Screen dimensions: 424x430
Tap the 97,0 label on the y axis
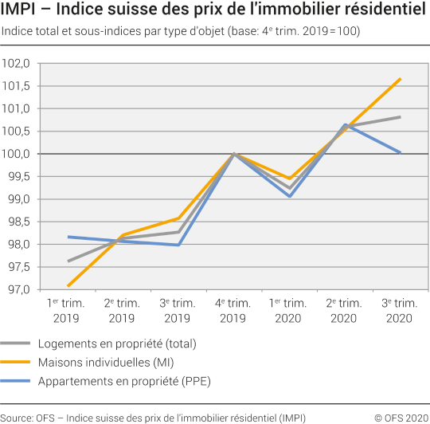[x=18, y=289]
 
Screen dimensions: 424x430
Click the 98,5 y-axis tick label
[x=18, y=222]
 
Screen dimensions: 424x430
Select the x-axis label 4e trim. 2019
[x=233, y=310]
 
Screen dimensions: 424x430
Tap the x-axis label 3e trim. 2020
[x=400, y=310]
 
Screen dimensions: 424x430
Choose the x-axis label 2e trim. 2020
[x=344, y=310]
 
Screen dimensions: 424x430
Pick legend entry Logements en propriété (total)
[x=116, y=344]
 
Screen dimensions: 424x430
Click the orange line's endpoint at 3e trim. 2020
[x=400, y=79]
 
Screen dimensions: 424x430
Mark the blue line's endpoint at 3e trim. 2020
[x=400, y=152]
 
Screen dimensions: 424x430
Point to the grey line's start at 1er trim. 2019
[x=68, y=261]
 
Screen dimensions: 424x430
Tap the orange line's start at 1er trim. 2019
[x=68, y=285]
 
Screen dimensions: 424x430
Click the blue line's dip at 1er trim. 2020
[x=289, y=196]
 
